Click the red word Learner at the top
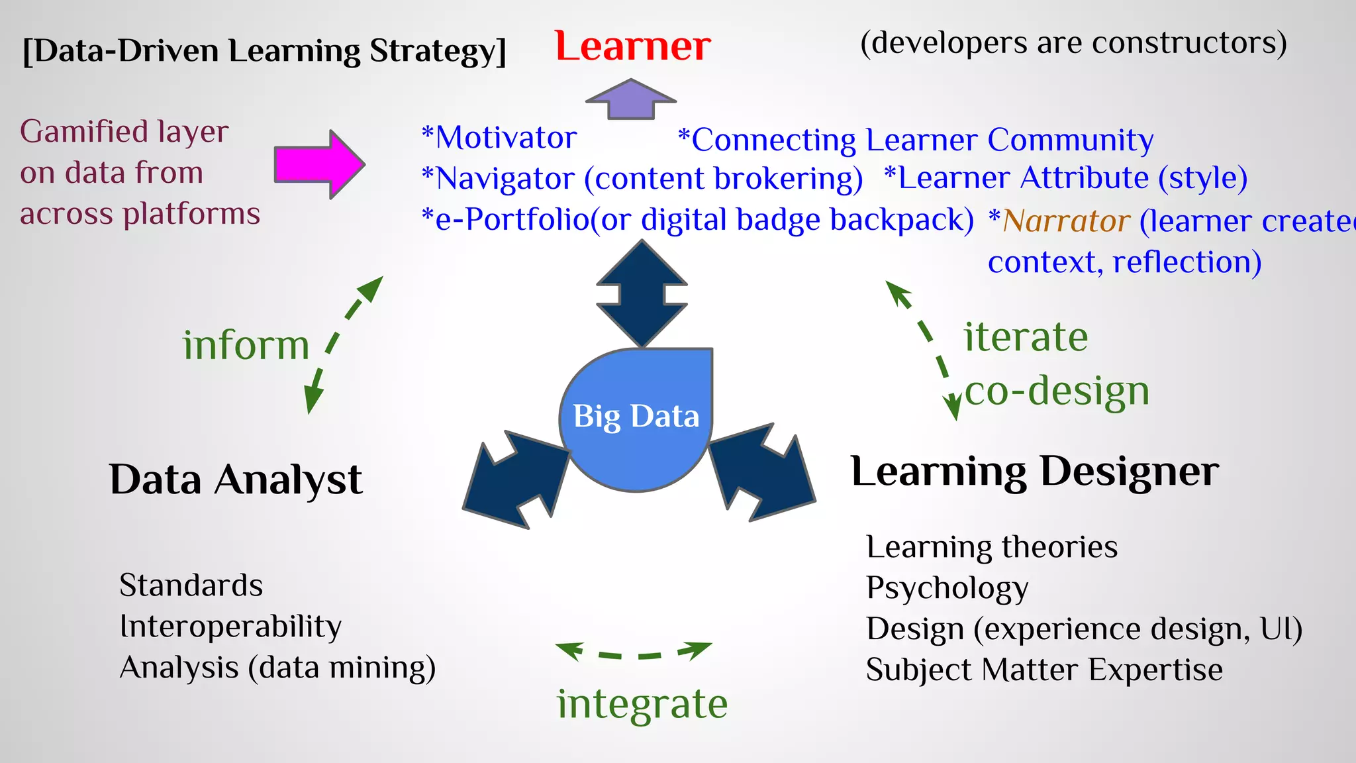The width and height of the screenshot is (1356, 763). coord(632,46)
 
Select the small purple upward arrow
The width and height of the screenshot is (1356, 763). coord(631,99)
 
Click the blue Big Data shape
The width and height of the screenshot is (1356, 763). coord(636,417)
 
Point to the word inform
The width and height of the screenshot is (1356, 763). coord(246,345)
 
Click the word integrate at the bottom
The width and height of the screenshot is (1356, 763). coord(642,703)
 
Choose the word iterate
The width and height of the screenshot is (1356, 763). coord(1026,337)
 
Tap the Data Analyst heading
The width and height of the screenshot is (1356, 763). coord(236,480)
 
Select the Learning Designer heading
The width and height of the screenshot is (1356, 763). coord(1034,472)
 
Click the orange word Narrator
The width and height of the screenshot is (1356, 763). coord(1066,221)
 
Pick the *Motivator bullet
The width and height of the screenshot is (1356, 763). coord(499,138)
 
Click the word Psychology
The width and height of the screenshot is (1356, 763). coord(947,588)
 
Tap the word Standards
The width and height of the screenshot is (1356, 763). coord(191,585)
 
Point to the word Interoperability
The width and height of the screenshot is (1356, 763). coord(230,627)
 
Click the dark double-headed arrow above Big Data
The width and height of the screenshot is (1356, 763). coord(642,293)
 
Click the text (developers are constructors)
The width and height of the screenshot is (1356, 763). coord(1073,43)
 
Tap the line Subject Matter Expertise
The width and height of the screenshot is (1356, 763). coord(1044,670)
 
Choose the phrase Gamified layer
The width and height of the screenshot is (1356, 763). coord(124,131)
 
